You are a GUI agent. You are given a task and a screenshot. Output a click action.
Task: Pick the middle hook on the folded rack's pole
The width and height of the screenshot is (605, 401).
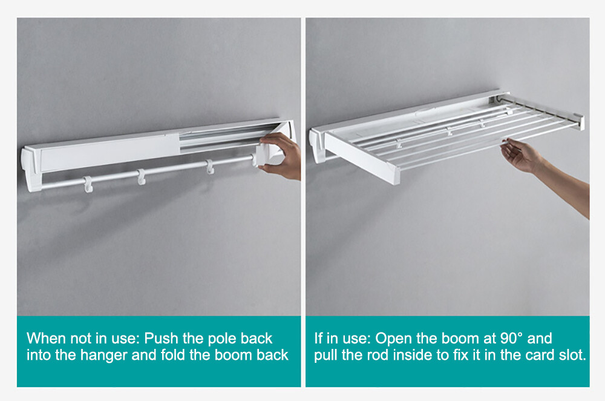click(142, 176)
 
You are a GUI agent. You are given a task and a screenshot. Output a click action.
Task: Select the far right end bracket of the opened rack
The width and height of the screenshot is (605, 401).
click(578, 121)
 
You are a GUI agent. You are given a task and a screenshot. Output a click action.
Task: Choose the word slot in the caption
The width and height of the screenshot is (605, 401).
click(572, 355)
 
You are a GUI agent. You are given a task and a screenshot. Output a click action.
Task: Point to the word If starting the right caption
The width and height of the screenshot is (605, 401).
click(319, 338)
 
